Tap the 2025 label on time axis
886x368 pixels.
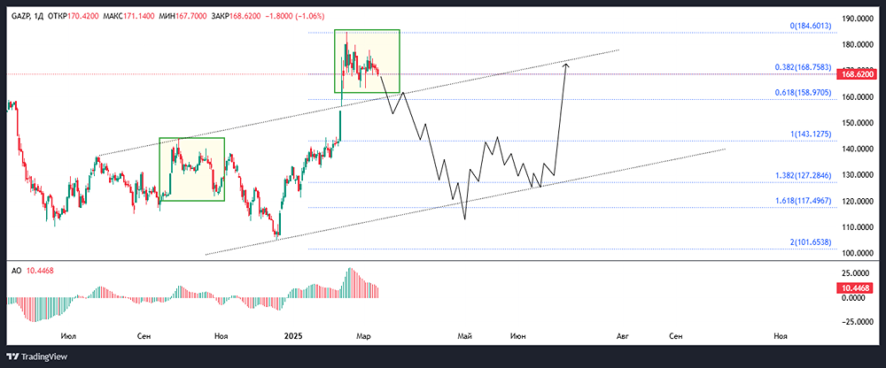click(293, 337)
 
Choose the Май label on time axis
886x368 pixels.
click(462, 337)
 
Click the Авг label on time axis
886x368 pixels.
click(623, 337)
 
